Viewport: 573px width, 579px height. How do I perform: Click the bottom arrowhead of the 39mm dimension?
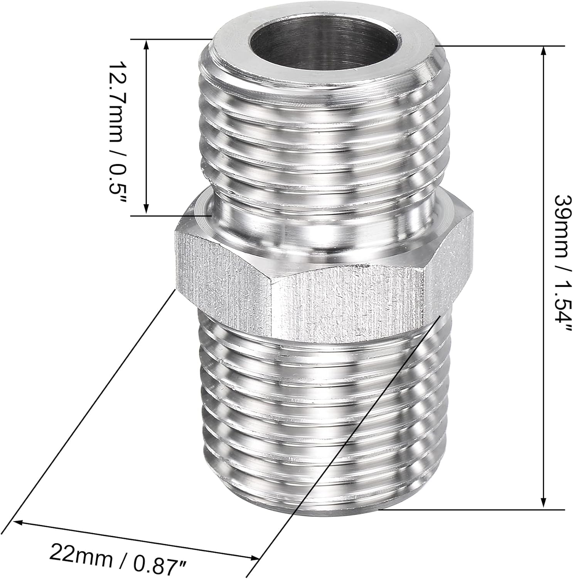pos(544,501)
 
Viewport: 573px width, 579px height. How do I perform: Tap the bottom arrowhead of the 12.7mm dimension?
pos(146,208)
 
